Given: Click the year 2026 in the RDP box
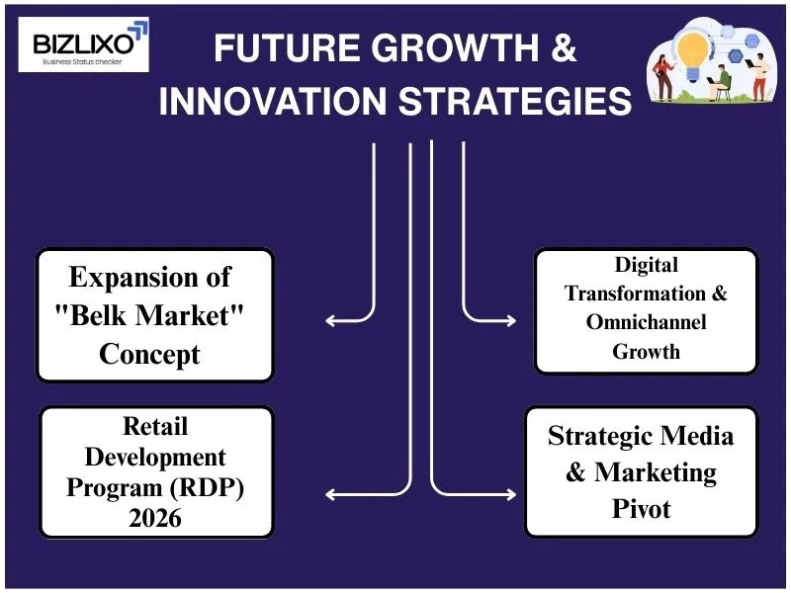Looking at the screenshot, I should point(155,516).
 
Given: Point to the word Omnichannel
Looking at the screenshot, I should point(647,322).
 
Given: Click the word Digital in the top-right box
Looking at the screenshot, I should point(647,265).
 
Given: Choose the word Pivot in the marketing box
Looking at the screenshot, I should point(640,509).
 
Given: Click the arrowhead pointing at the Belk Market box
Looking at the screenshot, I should point(330,320).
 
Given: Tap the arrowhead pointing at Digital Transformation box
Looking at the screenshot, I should point(510,320).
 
